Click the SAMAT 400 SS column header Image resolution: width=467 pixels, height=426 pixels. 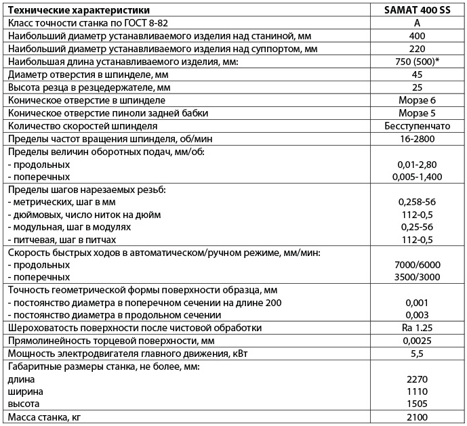pyautogui.click(x=417, y=10)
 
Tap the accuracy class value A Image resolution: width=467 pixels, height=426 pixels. pyautogui.click(x=417, y=22)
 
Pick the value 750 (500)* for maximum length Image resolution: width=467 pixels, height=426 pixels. pyautogui.click(x=417, y=61)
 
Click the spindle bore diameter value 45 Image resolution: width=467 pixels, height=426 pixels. pyautogui.click(x=417, y=74)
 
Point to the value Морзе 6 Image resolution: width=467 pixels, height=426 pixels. pyautogui.click(x=417, y=100)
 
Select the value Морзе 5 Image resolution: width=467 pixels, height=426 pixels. pyautogui.click(x=417, y=112)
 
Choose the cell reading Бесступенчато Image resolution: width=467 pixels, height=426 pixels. pyautogui.click(x=417, y=125)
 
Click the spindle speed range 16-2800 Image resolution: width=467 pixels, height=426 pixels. pyautogui.click(x=417, y=138)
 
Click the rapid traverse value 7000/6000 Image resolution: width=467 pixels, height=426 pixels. pyautogui.click(x=417, y=265)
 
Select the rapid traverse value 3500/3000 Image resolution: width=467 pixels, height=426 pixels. pyautogui.click(x=417, y=277)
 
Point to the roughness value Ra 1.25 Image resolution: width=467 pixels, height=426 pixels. pyautogui.click(x=417, y=328)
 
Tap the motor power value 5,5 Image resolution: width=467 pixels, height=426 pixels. pyautogui.click(x=417, y=354)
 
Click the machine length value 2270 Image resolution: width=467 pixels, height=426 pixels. pyautogui.click(x=417, y=379)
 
